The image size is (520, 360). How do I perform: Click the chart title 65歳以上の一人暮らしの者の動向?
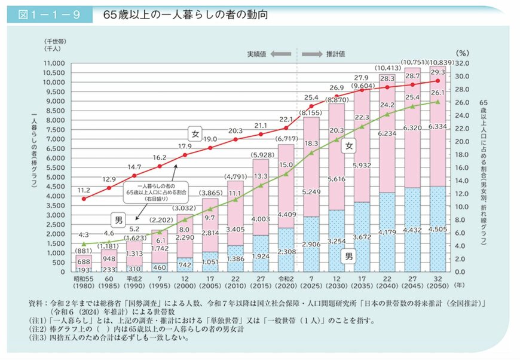[x=170, y=14]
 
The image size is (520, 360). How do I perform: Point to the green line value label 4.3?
[x=83, y=234]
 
